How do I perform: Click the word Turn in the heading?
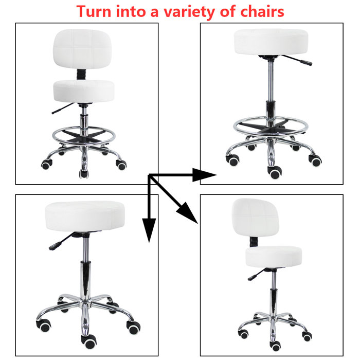[x=96, y=11]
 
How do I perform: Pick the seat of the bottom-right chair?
[x=272, y=256]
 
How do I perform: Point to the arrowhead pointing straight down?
[x=149, y=229]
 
